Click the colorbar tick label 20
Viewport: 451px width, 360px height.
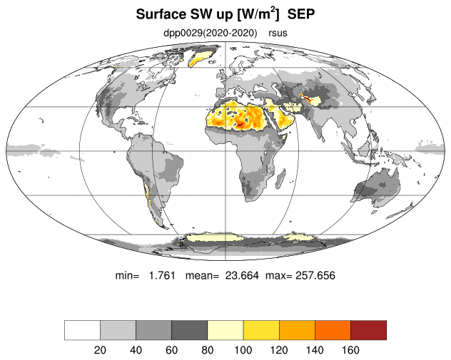(x=100, y=350)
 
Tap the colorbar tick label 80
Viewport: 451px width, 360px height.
(x=208, y=350)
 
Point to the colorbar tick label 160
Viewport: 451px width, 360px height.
(x=350, y=350)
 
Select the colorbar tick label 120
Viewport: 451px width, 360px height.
(x=279, y=350)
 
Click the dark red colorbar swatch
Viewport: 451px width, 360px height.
(x=368, y=330)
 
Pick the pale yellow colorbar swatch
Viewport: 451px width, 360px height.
(x=225, y=330)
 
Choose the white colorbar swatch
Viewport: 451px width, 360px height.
(x=82, y=330)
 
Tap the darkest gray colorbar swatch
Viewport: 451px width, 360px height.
(x=190, y=330)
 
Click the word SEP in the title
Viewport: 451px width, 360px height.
(x=301, y=14)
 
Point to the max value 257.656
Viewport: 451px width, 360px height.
(x=315, y=276)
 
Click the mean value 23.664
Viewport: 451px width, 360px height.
(x=242, y=276)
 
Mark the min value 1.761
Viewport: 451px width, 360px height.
(x=162, y=276)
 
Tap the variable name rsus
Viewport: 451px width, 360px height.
(x=278, y=33)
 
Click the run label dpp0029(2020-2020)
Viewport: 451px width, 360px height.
(x=211, y=33)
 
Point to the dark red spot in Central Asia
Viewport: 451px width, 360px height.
(x=306, y=98)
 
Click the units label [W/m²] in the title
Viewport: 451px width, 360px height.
(x=258, y=14)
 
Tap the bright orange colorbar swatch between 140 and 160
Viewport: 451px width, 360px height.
(x=333, y=330)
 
